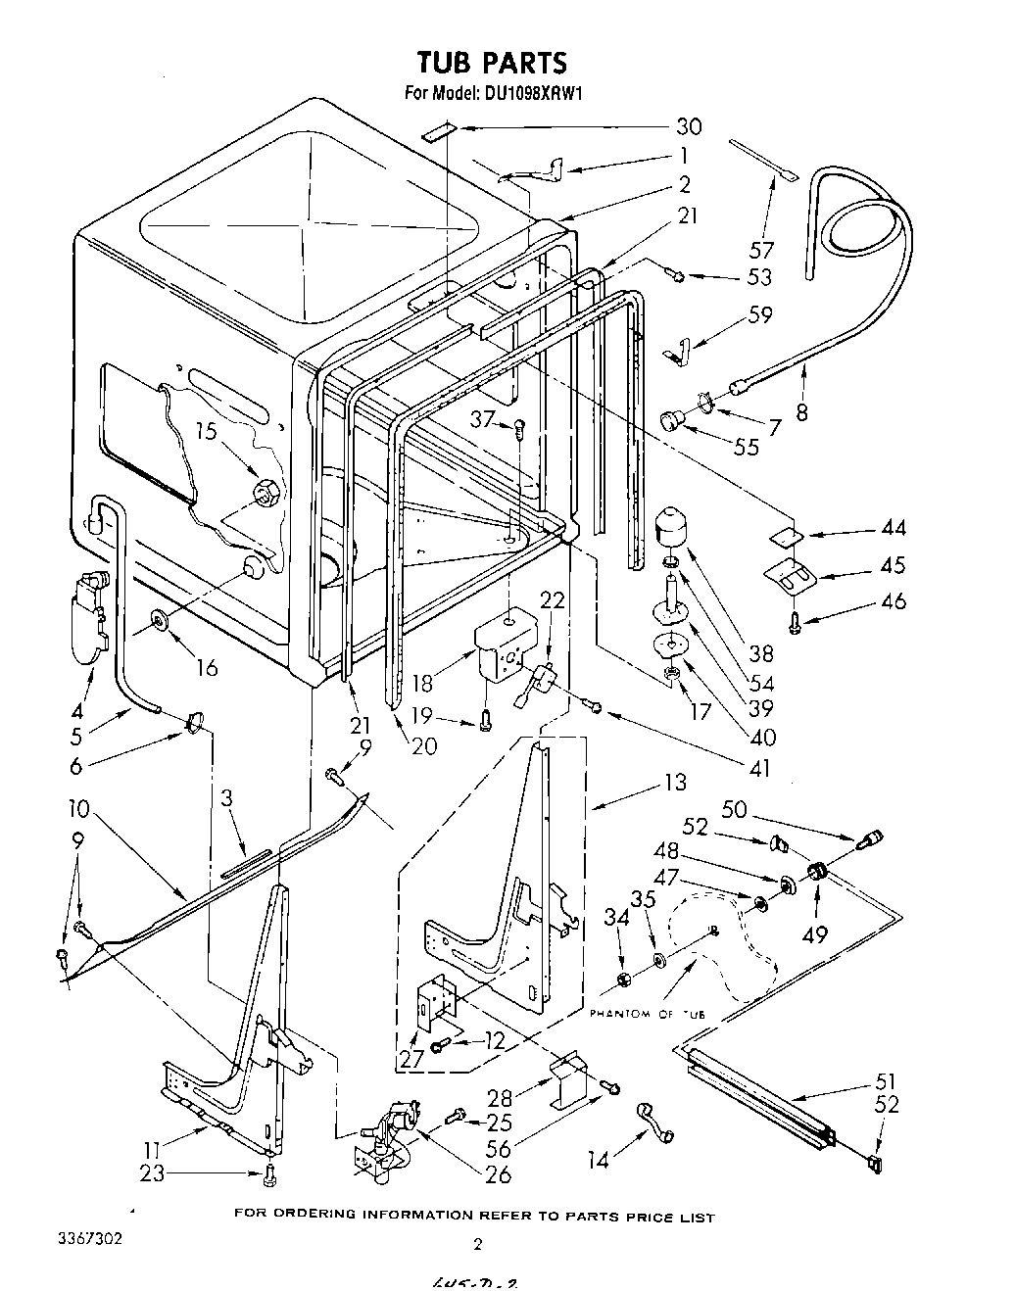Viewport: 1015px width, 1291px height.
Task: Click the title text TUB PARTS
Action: [492, 64]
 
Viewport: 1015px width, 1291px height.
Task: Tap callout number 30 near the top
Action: [690, 126]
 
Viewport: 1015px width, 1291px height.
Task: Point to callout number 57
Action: [761, 251]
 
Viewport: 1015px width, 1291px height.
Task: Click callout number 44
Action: [892, 529]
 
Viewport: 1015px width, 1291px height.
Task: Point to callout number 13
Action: [675, 783]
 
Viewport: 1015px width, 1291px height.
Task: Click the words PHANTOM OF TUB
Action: [647, 1014]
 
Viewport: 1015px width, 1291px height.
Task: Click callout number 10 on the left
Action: [79, 809]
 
